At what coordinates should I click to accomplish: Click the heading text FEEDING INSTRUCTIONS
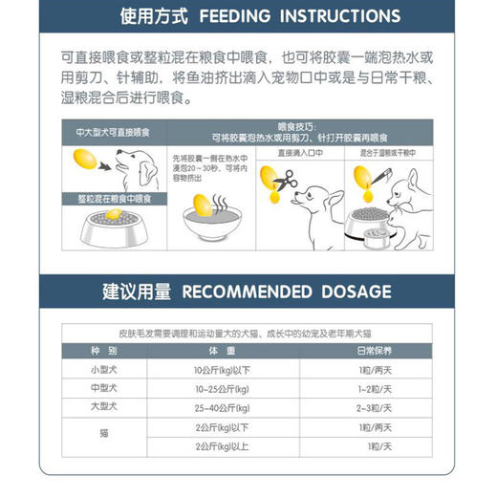tap(299, 17)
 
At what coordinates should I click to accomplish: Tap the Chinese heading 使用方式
tap(154, 17)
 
